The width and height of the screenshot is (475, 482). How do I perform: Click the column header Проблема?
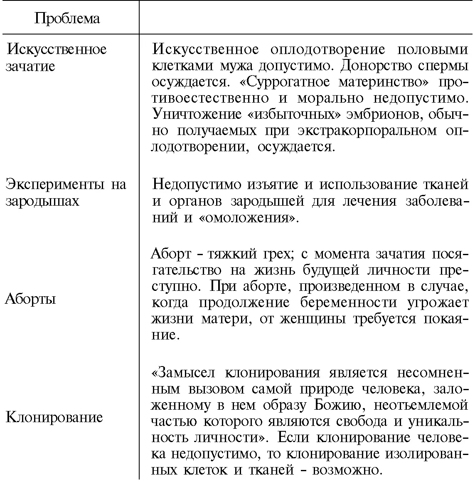point(67,19)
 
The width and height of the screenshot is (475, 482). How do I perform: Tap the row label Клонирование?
point(54,417)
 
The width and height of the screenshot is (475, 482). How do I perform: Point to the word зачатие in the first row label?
point(30,66)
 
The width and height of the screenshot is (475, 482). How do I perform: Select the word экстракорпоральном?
point(367,131)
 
